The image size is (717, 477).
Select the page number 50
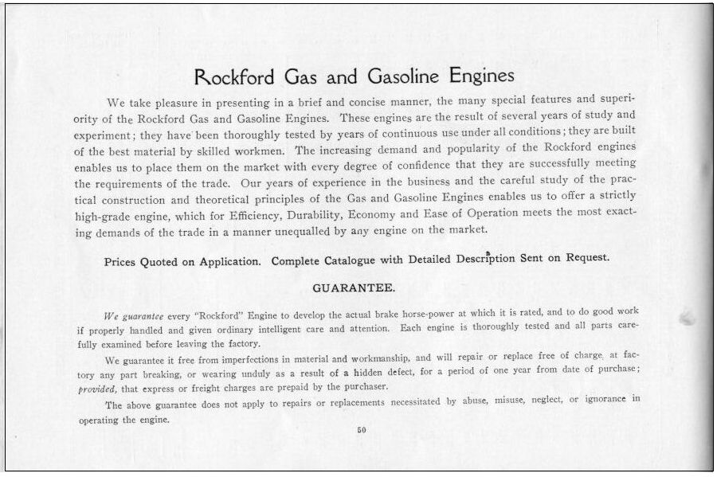(x=360, y=431)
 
